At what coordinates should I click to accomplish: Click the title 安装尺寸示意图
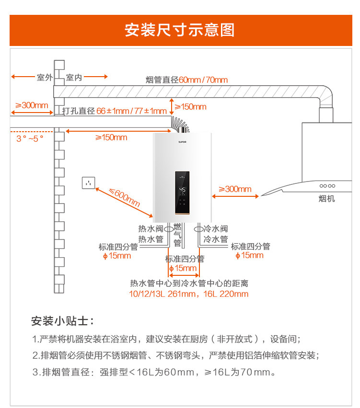[x=180, y=30]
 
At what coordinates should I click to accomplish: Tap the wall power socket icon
[x=89, y=182]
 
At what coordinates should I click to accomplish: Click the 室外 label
[x=45, y=77]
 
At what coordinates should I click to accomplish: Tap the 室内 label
[x=74, y=77]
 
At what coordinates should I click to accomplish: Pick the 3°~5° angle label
[x=30, y=138]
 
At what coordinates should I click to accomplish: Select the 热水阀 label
[x=151, y=229]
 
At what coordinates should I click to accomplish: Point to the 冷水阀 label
[x=216, y=229]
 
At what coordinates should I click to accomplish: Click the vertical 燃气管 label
[x=177, y=235]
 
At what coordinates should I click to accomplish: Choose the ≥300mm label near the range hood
[x=235, y=189]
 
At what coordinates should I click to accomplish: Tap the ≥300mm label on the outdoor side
[x=32, y=105]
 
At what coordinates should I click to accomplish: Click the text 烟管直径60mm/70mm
[x=186, y=79]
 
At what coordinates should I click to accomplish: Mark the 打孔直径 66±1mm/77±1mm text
[x=115, y=111]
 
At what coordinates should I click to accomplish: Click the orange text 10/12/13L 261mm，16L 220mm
[x=189, y=294]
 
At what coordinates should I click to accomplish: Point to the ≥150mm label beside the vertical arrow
[x=190, y=106]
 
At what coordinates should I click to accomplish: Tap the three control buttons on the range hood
[x=327, y=186]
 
